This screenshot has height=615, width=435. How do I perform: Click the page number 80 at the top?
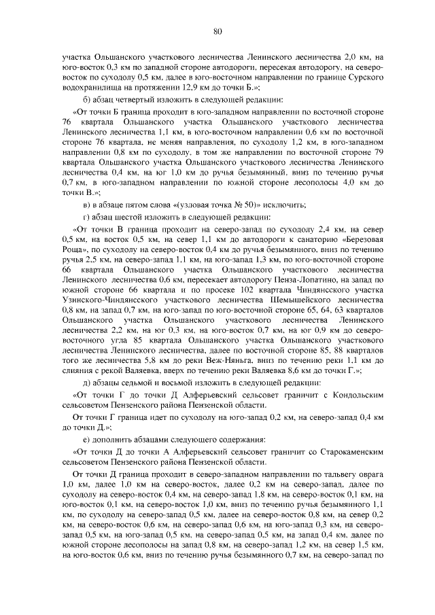point(217,31)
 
